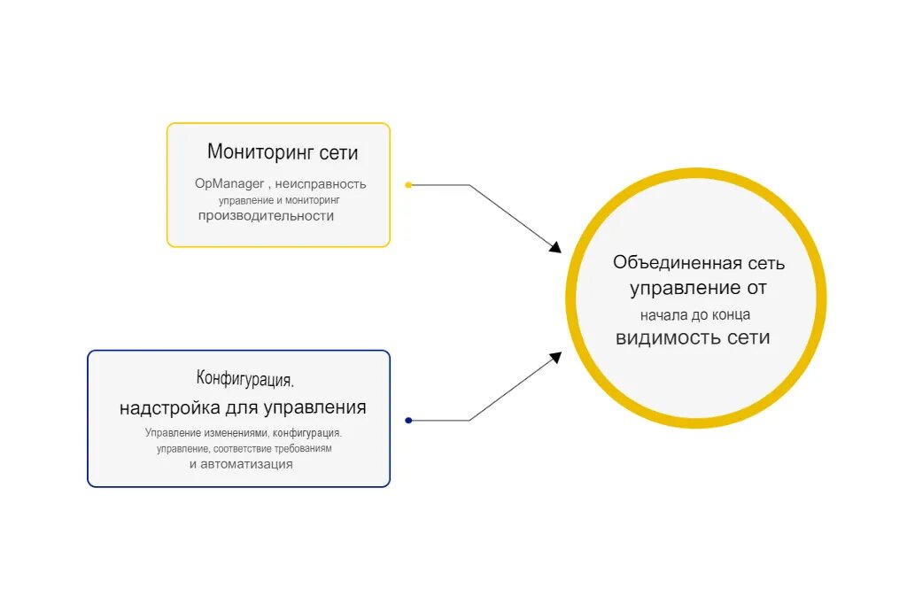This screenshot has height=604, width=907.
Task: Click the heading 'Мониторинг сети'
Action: tap(283, 152)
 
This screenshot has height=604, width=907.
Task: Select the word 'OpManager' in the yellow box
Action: tap(229, 184)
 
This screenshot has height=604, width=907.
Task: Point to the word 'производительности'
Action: tap(266, 216)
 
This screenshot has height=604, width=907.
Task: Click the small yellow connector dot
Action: tap(408, 185)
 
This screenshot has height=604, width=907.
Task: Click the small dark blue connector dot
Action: tap(408, 421)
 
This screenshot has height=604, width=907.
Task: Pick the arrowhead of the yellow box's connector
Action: tap(555, 247)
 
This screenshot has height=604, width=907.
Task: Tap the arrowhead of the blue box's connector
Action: tap(555, 357)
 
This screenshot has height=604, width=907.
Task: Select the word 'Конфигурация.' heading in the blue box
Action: tap(245, 379)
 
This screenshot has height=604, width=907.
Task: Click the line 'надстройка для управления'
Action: tap(243, 408)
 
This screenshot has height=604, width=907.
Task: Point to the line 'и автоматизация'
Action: tap(241, 464)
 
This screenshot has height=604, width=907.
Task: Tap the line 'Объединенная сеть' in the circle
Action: tap(699, 263)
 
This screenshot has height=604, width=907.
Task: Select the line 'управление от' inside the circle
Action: tap(698, 288)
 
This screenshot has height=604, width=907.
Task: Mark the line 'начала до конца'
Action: tap(696, 314)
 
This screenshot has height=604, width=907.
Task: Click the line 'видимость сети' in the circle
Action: tap(693, 337)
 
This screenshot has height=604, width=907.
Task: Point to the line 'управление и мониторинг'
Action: tap(280, 200)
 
